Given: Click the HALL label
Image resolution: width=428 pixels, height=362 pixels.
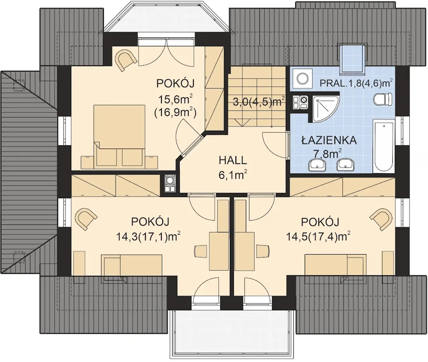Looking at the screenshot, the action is [233, 160].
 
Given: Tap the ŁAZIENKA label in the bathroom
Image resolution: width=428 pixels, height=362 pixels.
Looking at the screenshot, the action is [329, 140].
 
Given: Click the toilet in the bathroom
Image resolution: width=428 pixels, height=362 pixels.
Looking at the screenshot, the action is [383, 99].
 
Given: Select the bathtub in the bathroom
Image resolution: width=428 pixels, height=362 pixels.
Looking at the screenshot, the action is [384, 146].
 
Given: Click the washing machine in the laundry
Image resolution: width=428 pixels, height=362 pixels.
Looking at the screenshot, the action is [302, 79].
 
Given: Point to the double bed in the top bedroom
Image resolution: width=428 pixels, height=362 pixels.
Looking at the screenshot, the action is [119, 135].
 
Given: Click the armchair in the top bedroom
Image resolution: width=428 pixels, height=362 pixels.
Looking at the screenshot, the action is [126, 60].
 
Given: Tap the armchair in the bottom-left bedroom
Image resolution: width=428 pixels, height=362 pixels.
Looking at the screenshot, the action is [86, 219].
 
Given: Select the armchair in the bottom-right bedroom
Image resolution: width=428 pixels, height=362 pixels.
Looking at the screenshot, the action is [381, 219].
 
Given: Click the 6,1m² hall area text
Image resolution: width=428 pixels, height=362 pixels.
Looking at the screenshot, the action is [233, 175].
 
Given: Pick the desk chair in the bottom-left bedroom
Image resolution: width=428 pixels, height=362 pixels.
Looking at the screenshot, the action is [200, 251].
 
